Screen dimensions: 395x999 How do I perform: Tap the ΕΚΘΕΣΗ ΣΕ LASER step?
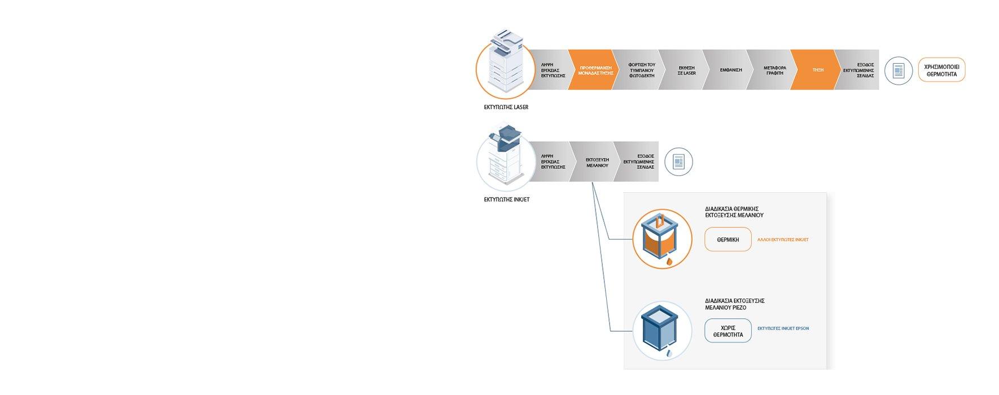[686, 70]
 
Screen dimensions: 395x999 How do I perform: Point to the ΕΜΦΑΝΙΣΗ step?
[730, 70]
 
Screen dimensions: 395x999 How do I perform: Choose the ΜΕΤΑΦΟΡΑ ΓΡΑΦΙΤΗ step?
[774, 70]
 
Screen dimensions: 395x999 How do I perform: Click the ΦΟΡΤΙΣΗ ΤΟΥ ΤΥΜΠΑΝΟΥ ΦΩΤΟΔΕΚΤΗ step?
[641, 70]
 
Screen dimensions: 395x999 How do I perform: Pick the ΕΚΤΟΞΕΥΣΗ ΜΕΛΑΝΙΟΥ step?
[597, 163]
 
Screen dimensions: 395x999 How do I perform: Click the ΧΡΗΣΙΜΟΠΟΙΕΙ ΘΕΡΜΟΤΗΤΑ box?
[941, 70]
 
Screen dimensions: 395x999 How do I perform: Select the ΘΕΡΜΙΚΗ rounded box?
[728, 239]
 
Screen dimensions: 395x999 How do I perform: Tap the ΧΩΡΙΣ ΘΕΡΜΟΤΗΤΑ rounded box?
[728, 331]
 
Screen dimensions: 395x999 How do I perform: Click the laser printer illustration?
[505, 65]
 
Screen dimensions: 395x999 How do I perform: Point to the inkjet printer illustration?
[505, 158]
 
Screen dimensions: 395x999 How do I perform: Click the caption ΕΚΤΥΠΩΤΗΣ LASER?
[506, 107]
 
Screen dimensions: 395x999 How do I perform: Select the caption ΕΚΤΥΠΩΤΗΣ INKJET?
[506, 200]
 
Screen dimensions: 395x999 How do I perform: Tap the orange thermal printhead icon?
[662, 239]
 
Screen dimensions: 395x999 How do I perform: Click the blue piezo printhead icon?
[662, 331]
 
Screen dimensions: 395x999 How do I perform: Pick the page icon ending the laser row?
[898, 71]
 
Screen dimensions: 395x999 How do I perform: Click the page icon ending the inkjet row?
[678, 163]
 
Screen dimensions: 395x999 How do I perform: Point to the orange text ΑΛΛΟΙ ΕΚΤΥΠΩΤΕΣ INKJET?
[782, 240]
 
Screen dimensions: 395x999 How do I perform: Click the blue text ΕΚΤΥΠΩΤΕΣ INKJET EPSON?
[783, 328]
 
